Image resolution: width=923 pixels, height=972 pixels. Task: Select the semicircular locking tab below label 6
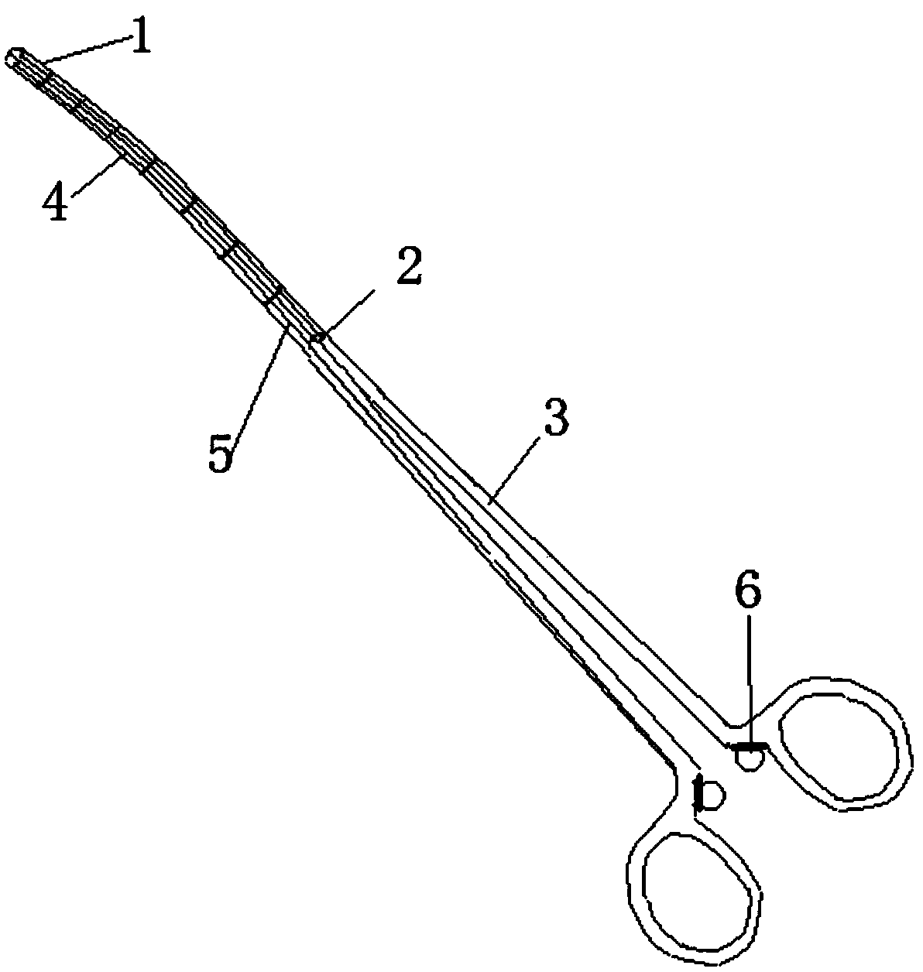pyautogui.click(x=750, y=757)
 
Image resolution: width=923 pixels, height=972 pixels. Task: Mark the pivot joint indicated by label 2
pyautogui.click(x=316, y=337)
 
